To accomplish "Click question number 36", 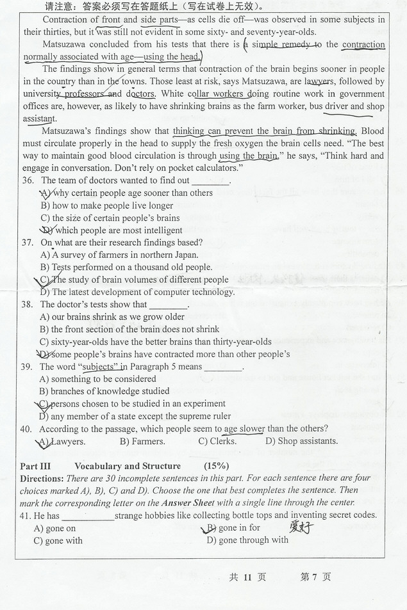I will pos(28,181).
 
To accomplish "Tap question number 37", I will pos(28,243).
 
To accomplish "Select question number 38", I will pos(28,305).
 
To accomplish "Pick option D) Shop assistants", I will pos(301,441).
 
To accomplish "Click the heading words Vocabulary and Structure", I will pos(128,466).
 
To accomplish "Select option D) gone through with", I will pos(247,540).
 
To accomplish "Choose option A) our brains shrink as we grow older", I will pos(112,317).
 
